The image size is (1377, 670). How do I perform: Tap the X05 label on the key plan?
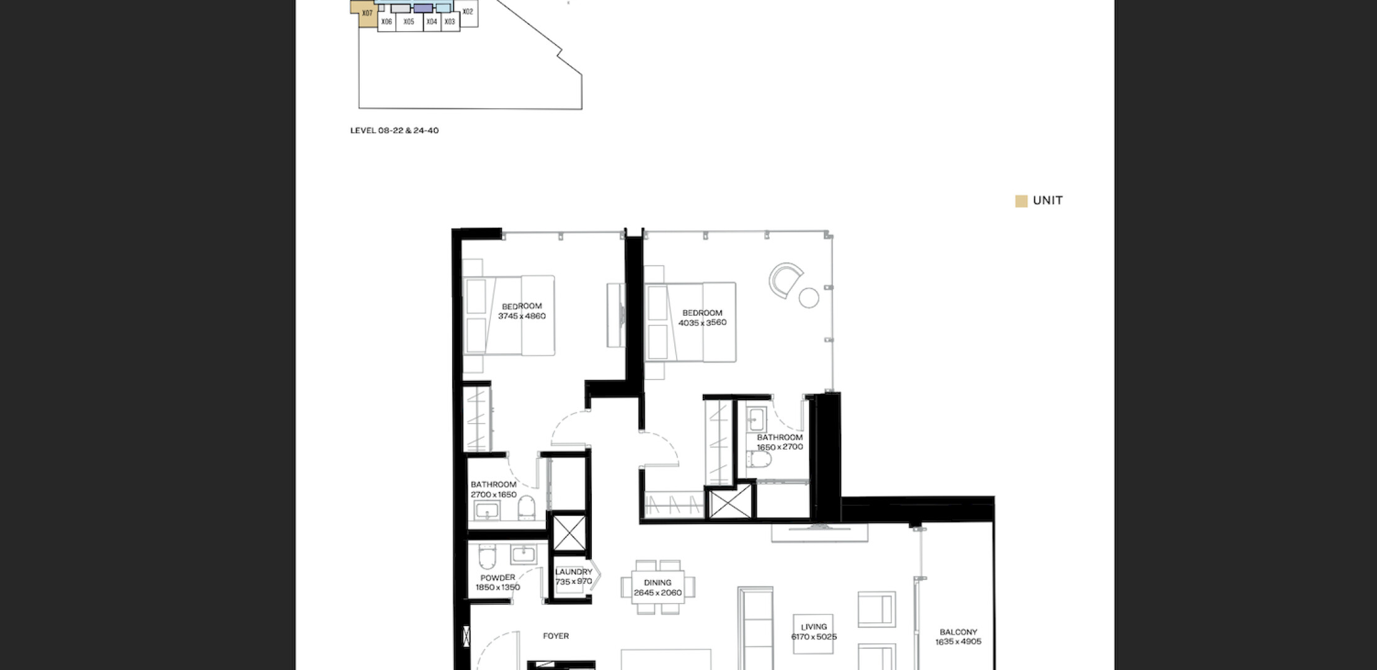[409, 22]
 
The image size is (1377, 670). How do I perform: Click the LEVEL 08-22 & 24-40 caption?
[394, 130]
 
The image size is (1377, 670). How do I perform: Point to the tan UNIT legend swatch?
[1021, 201]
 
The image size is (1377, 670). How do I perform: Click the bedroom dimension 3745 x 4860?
[522, 316]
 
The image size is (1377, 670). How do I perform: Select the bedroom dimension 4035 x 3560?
[702, 323]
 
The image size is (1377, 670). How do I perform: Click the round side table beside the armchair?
[809, 298]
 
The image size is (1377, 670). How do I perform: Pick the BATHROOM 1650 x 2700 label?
[780, 442]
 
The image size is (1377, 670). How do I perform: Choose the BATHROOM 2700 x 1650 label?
[494, 489]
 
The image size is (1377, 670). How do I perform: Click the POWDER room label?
[497, 578]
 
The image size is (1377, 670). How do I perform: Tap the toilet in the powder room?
[487, 557]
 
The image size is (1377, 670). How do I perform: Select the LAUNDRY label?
[574, 572]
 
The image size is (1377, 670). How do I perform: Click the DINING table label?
[657, 583]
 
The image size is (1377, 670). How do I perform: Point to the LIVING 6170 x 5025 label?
[814, 632]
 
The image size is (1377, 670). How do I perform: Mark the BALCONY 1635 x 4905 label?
[958, 637]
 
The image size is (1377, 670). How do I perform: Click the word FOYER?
[556, 636]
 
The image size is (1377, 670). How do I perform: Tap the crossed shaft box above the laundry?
[569, 532]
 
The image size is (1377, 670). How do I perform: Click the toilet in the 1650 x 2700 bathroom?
[759, 460]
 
